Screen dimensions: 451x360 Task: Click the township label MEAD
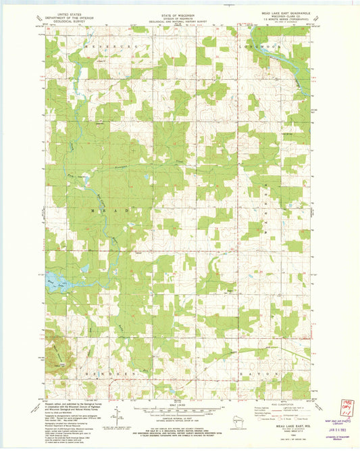coord(98,211)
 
